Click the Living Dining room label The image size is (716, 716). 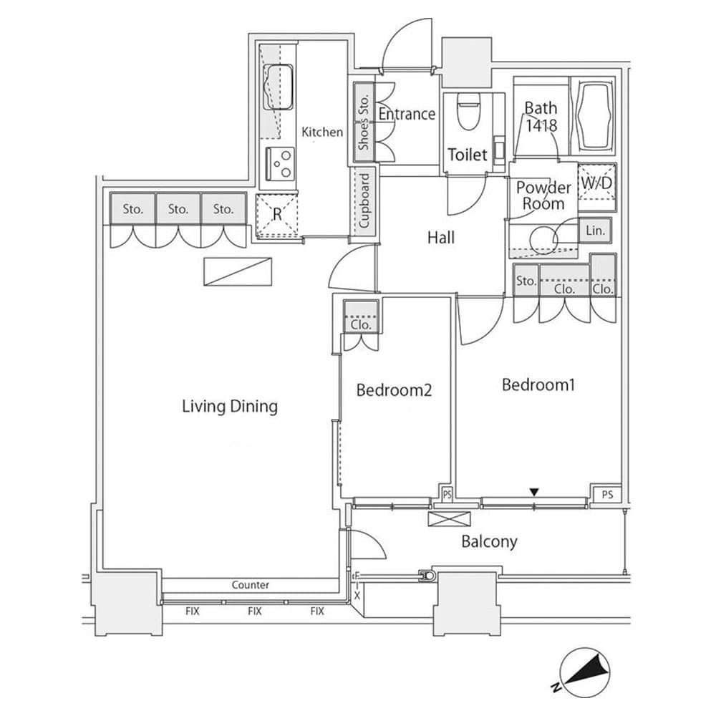point(229,407)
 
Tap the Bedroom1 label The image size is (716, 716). point(538,384)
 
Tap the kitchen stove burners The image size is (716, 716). point(280,163)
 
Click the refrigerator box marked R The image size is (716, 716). point(276,215)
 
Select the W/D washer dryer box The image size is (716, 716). point(596,183)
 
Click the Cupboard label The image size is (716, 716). point(364,200)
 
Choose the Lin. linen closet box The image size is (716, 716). point(596,231)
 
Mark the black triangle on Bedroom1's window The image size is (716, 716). point(533,491)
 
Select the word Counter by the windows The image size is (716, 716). point(251,585)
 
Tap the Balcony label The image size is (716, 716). point(489,541)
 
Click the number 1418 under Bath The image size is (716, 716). point(541,124)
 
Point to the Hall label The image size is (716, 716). point(441,238)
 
